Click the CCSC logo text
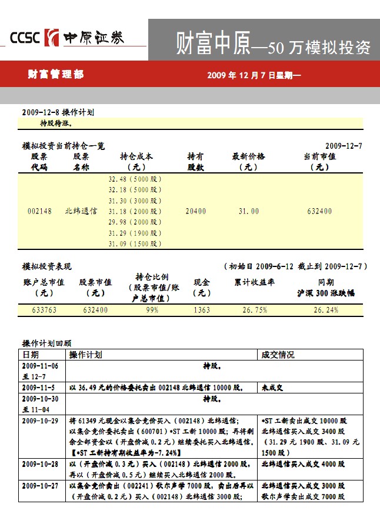coord(24,38)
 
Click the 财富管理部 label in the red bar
coord(56,75)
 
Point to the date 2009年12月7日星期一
coord(254,75)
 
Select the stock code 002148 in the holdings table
coord(40,211)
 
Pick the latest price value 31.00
coord(248,211)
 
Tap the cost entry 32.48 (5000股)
coord(135,179)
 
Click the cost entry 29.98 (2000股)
coord(135,222)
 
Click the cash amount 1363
coord(202,310)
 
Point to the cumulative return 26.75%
coord(254,310)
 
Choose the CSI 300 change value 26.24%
coord(325,310)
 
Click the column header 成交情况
coord(278,355)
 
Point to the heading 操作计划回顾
coord(46,343)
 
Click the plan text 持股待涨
coord(56,124)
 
